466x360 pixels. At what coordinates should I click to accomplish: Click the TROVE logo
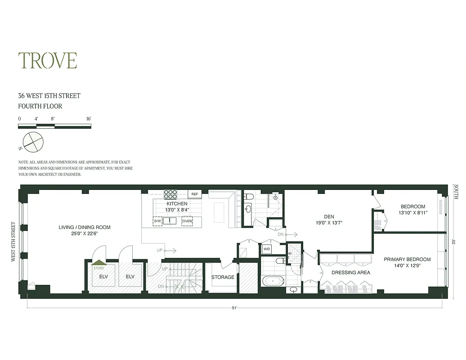pos(47,61)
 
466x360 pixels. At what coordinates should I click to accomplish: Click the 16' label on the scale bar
pos(89,119)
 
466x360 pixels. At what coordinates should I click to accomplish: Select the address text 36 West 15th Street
pos(49,96)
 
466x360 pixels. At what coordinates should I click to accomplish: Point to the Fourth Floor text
pos(40,107)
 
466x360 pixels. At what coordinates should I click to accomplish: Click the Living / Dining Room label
pos(85,227)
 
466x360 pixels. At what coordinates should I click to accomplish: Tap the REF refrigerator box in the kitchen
pos(195,194)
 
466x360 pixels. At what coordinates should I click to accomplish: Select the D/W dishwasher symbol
pos(157,221)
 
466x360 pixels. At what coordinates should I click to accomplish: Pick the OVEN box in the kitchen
pos(187,221)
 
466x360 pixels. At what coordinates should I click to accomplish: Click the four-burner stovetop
pos(170,194)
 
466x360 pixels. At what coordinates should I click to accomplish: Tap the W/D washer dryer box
pos(266,249)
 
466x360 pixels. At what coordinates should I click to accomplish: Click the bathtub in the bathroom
pos(273,282)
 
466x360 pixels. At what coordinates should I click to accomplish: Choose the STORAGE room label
pos(223,277)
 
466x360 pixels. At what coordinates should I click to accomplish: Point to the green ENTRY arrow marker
pos(99,263)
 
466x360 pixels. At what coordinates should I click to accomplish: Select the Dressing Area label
pos(351,273)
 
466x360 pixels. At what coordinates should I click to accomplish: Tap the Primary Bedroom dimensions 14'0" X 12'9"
pos(407,266)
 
